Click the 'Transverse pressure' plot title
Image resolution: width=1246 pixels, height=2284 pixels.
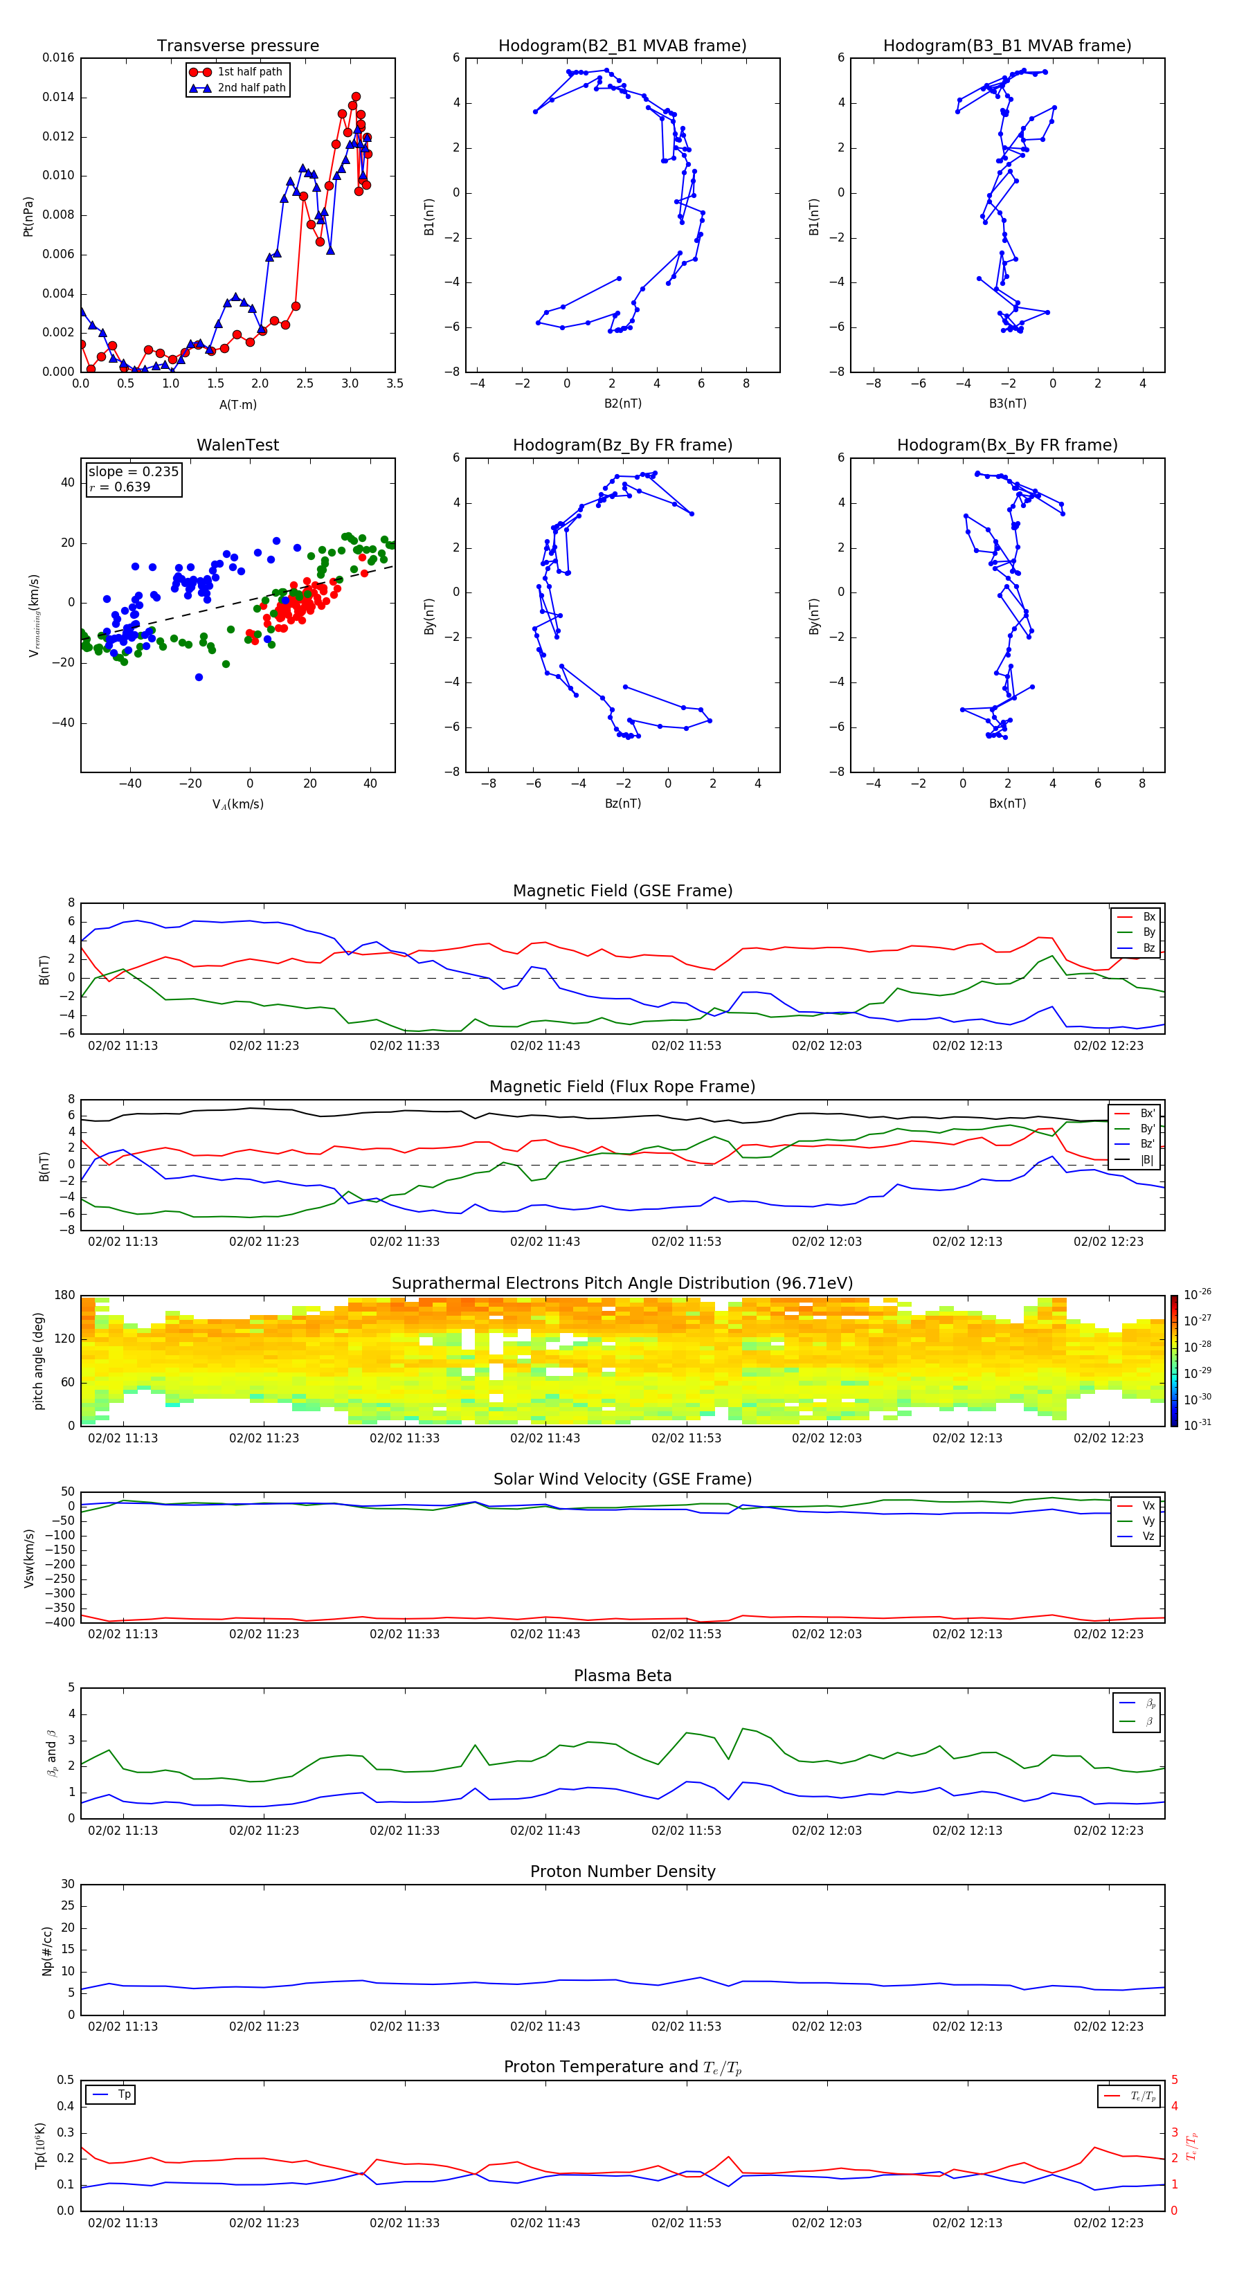pos(237,46)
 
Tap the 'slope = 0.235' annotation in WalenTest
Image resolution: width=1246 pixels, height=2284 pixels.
pos(133,472)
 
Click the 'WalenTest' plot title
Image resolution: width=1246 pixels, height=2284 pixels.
pos(237,445)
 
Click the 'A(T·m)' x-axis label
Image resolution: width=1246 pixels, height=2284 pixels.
pos(237,405)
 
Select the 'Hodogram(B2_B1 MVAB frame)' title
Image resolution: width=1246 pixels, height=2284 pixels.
pos(622,46)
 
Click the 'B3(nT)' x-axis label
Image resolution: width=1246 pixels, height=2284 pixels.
pos(1007,404)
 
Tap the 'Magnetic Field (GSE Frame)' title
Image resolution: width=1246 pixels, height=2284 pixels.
pos(622,891)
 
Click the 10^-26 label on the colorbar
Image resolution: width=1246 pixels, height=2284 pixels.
pos(1198,1294)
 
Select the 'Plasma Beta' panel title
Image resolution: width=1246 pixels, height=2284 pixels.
pos(622,1676)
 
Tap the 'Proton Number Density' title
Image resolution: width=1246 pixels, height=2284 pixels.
pos(622,1871)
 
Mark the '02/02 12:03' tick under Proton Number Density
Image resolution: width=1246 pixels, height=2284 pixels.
pos(827,2027)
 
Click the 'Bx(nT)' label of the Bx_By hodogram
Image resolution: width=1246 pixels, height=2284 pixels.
pos(1007,804)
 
